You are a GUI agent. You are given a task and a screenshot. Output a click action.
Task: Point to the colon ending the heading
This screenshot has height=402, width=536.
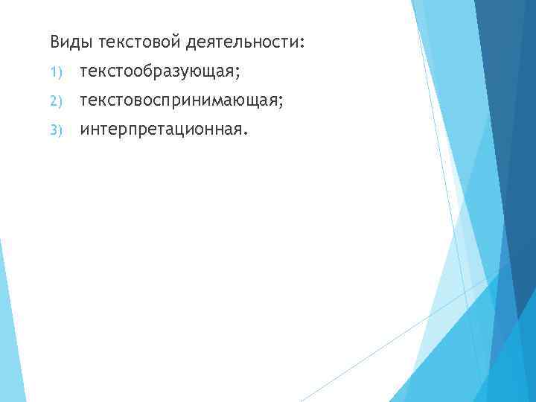(x=301, y=43)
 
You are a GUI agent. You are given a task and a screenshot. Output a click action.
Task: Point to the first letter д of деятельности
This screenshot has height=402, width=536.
(x=192, y=42)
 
